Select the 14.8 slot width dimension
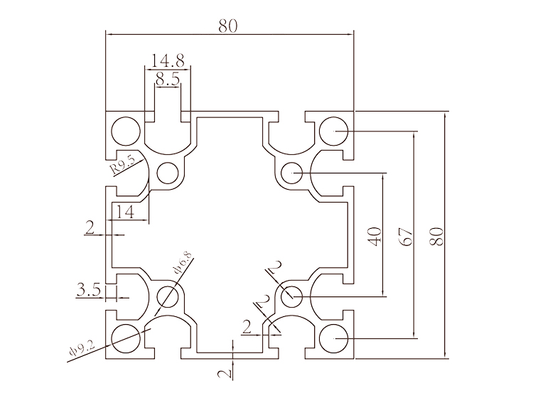[x=168, y=61]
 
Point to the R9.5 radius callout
[x=123, y=167]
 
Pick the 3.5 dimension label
[x=88, y=289]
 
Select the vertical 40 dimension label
[x=375, y=235]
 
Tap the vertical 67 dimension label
[x=407, y=237]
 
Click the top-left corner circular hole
[x=126, y=131]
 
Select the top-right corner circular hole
[x=333, y=131]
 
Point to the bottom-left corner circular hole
[x=126, y=337]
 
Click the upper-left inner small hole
[x=168, y=173]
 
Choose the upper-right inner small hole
[x=291, y=172]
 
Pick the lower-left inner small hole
[x=168, y=294]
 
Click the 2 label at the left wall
[x=90, y=227]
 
